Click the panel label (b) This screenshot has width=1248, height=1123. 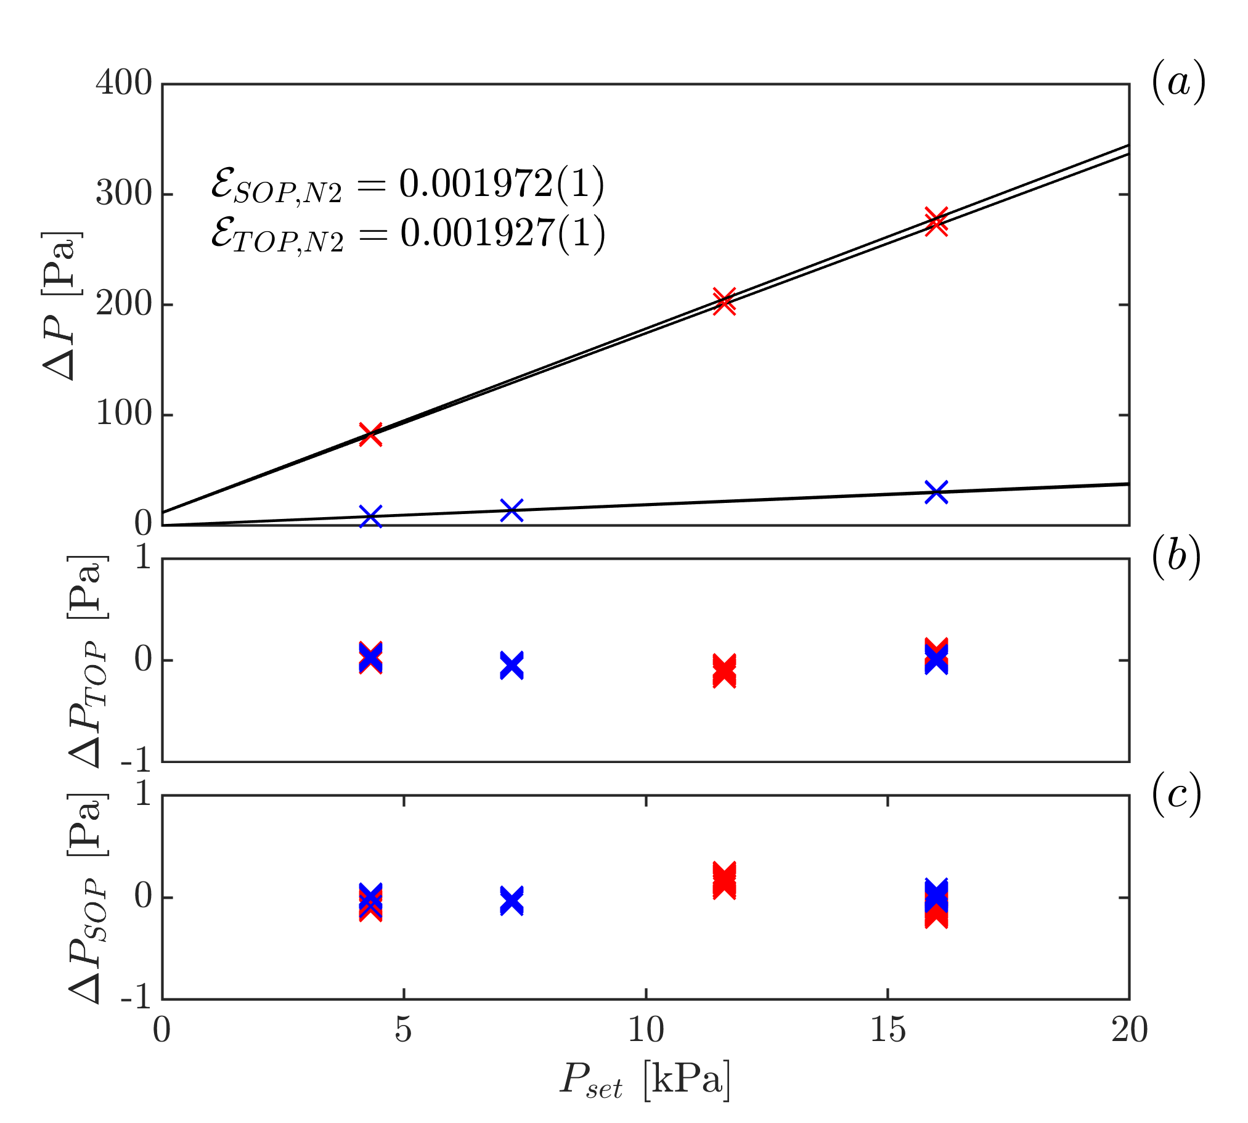coord(1176,557)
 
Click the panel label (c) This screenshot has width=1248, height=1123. coord(1176,794)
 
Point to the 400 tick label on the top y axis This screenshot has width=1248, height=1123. coord(123,83)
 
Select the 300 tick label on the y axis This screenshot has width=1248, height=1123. coord(123,194)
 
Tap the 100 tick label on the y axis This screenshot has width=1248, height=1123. coord(123,414)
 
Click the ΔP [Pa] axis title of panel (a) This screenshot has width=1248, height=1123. coord(60,306)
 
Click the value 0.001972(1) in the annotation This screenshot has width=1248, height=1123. coord(501,184)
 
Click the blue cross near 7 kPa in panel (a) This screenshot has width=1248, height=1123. coord(512,510)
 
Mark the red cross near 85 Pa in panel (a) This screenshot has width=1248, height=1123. coord(370,434)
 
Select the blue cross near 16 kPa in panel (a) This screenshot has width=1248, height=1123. coord(936,492)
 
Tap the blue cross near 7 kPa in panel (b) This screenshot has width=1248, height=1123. coord(512,665)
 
